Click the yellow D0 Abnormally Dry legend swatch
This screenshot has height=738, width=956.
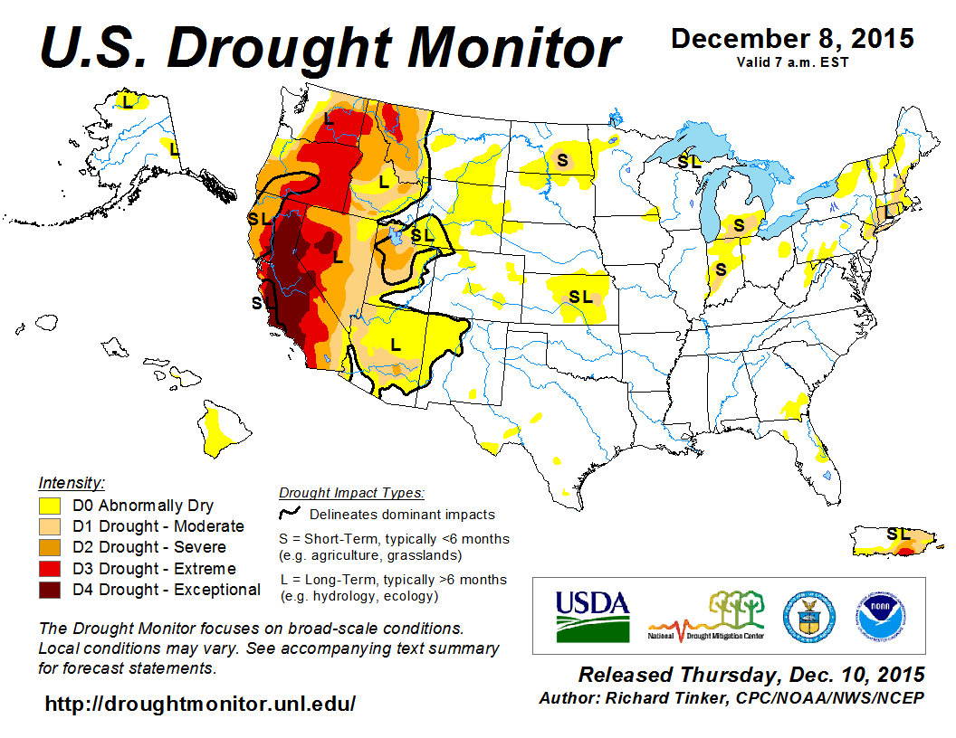[x=50, y=506]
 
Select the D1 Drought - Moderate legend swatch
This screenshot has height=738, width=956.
[x=50, y=526]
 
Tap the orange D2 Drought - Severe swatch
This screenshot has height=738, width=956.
[x=50, y=547]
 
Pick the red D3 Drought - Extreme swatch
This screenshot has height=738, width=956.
[x=50, y=569]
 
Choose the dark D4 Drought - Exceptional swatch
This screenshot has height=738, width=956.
[x=50, y=590]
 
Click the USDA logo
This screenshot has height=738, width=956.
[x=592, y=616]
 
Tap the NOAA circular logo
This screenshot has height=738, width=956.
[x=877, y=616]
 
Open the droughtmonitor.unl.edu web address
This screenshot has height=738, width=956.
[x=200, y=703]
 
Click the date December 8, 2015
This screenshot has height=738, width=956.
[x=792, y=39]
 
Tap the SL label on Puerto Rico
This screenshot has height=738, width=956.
[x=898, y=534]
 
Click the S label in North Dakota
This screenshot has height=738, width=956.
[x=562, y=160]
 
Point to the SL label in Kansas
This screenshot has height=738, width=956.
[x=580, y=296]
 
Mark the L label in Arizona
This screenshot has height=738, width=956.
[x=395, y=344]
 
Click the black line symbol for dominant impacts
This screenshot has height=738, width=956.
[x=290, y=514]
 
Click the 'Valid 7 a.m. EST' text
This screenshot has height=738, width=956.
[x=792, y=61]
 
